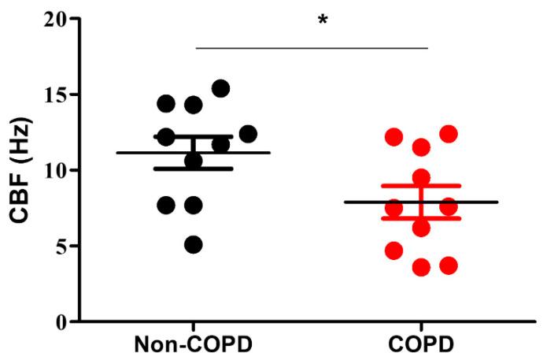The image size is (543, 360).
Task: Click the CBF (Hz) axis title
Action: pyautogui.click(x=17, y=169)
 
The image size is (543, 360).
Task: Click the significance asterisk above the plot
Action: pyautogui.click(x=322, y=19)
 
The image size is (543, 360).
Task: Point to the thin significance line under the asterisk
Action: pyautogui.click(x=311, y=47)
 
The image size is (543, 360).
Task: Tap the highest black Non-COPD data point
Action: pyautogui.click(x=220, y=88)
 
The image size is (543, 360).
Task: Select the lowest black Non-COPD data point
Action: pyautogui.click(x=193, y=245)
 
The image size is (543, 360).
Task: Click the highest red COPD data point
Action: pyautogui.click(x=449, y=134)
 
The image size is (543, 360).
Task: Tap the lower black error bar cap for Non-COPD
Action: pyautogui.click(x=193, y=169)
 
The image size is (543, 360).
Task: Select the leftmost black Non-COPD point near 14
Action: pyautogui.click(x=166, y=102)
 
